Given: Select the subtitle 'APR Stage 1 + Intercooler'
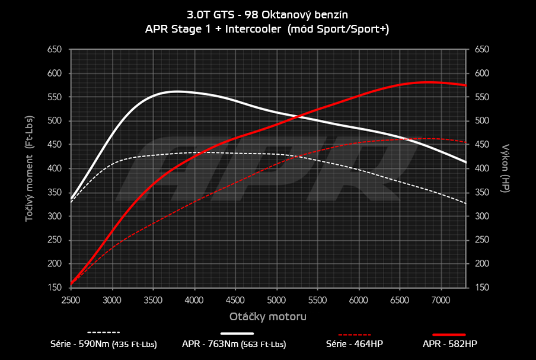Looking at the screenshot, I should click(213, 28).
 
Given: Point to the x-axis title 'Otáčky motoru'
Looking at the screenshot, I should click(268, 317).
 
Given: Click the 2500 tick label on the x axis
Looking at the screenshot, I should click(71, 301).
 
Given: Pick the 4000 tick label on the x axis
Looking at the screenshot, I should click(194, 301).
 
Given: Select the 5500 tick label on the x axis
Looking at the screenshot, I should click(318, 301).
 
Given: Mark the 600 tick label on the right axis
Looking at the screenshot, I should click(481, 74).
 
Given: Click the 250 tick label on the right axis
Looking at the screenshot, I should click(481, 240).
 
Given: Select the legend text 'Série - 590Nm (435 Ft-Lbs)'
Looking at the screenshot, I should click(103, 344).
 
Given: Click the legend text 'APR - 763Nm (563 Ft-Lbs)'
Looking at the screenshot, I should click(234, 344).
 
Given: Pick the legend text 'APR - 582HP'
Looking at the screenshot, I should click(449, 344).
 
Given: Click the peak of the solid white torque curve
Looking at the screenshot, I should click(177, 91).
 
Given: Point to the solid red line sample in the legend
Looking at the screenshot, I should click(449, 334).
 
